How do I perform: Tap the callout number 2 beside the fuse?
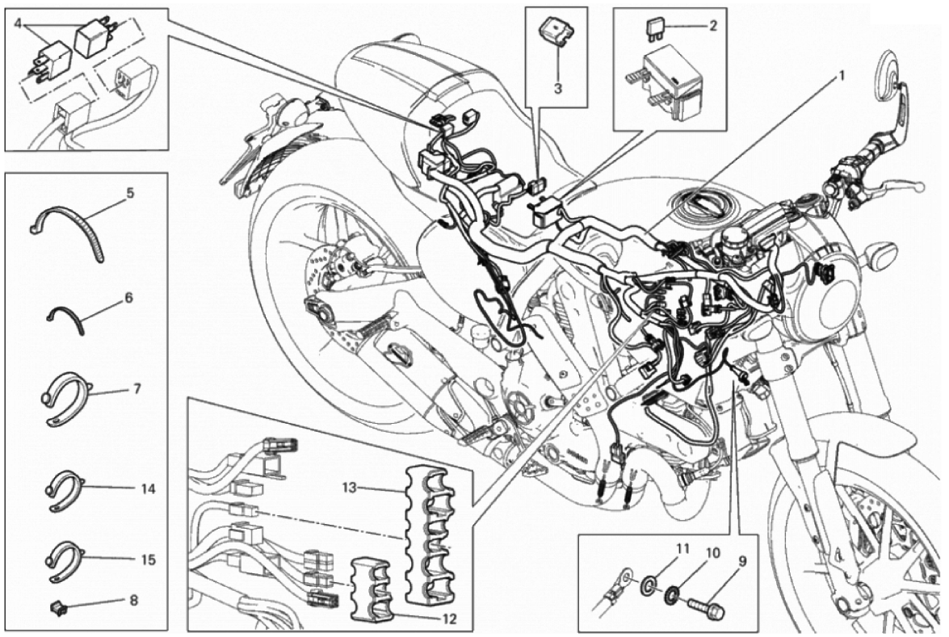tap(713, 26)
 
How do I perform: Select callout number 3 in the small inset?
tap(557, 88)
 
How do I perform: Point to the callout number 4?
tap(18, 24)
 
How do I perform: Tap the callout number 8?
tap(133, 601)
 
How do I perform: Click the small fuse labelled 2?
tap(656, 27)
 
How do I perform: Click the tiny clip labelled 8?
tap(57, 603)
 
